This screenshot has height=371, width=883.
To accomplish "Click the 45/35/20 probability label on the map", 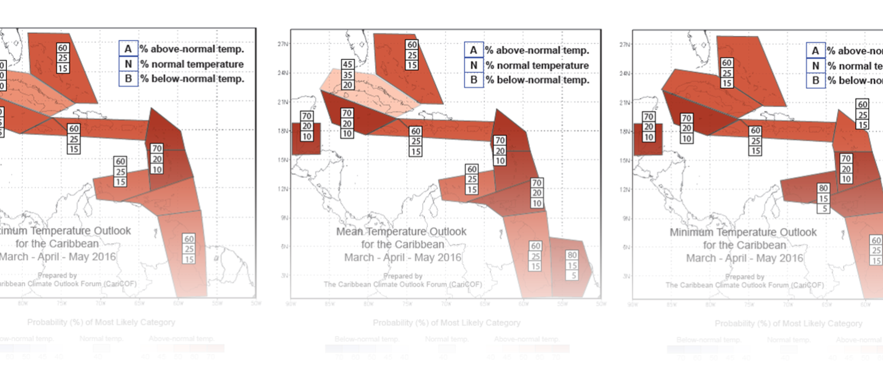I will pos(348,74).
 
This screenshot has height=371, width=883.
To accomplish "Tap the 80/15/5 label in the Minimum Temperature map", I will pos(824,198).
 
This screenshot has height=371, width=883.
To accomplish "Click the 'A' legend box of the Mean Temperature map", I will pos(473,49).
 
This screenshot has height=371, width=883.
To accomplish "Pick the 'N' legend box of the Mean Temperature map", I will pos(473,65).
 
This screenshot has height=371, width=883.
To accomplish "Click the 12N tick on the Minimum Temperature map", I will pos(626,190).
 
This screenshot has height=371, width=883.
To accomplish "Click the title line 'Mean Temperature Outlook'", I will pos(401,231).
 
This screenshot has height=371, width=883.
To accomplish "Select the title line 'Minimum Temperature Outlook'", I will pos(743,233).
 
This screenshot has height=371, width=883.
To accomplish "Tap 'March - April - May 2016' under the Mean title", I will pos(403,257).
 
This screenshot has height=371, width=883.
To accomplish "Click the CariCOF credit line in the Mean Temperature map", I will pos(403,284).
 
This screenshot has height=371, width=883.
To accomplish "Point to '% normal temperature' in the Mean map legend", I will pos(537,65).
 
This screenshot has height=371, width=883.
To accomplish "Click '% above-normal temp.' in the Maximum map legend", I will pos(192,49).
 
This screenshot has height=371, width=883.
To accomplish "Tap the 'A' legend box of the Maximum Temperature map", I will pos(128,49).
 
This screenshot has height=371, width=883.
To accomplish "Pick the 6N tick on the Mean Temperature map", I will pos(283,246).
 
